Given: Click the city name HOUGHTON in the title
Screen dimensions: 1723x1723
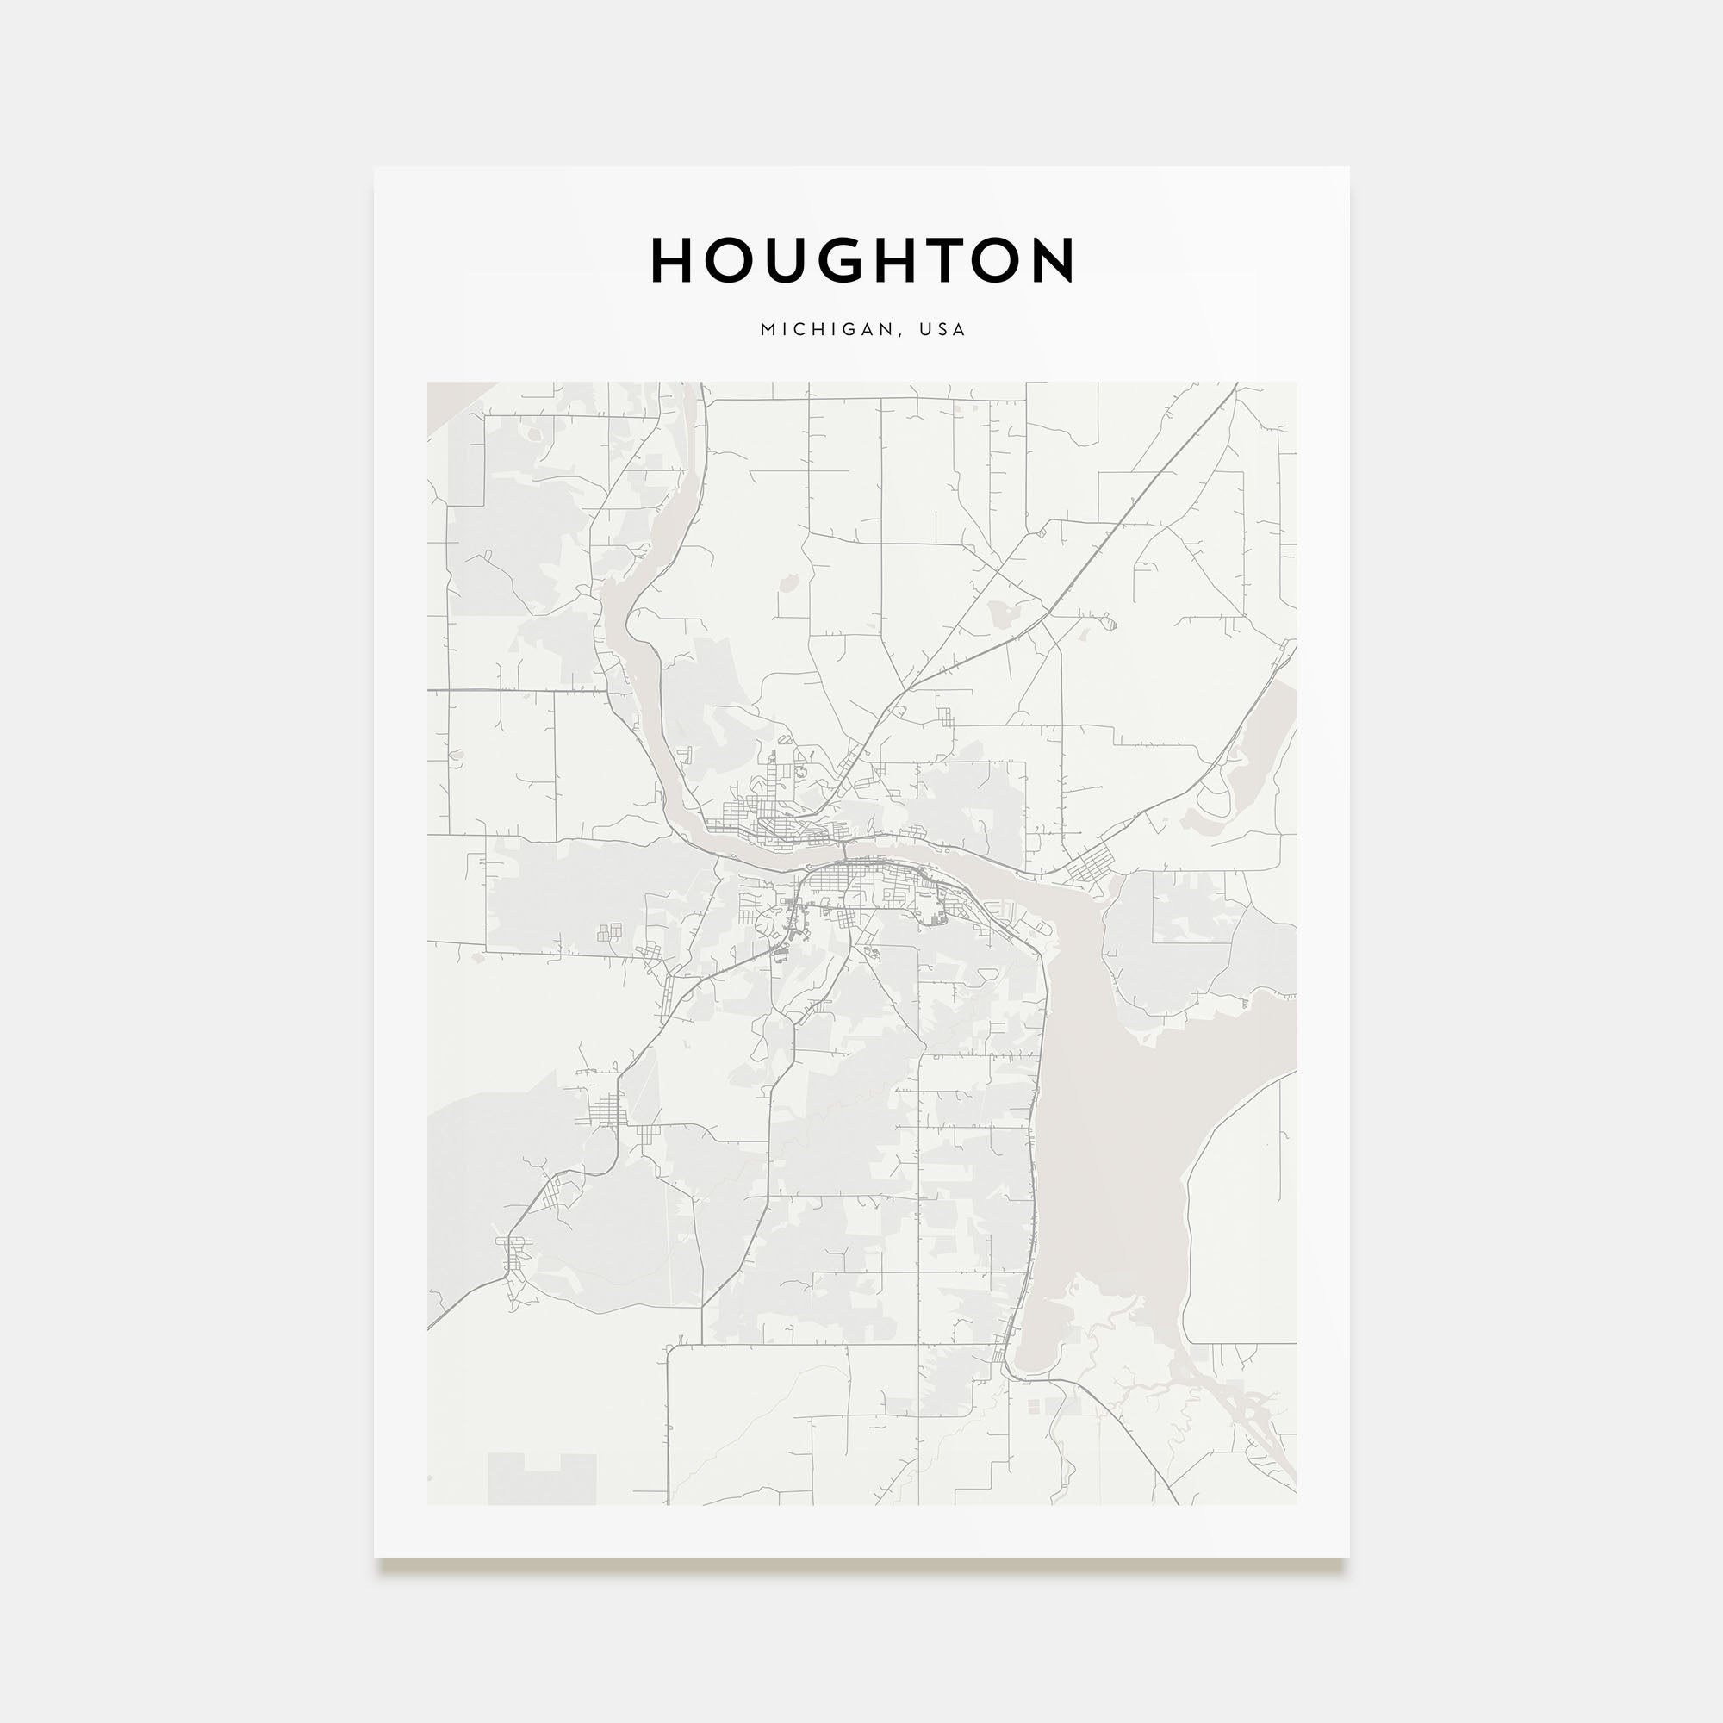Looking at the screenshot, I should [862, 260].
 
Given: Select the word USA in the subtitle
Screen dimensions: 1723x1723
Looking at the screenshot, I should [943, 329].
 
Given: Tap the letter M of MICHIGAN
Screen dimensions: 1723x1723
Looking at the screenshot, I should [767, 329].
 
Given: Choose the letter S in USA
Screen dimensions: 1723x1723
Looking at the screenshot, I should [943, 329].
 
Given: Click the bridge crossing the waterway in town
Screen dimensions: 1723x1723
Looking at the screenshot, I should [843, 850].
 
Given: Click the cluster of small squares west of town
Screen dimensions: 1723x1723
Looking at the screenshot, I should [611, 932].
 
